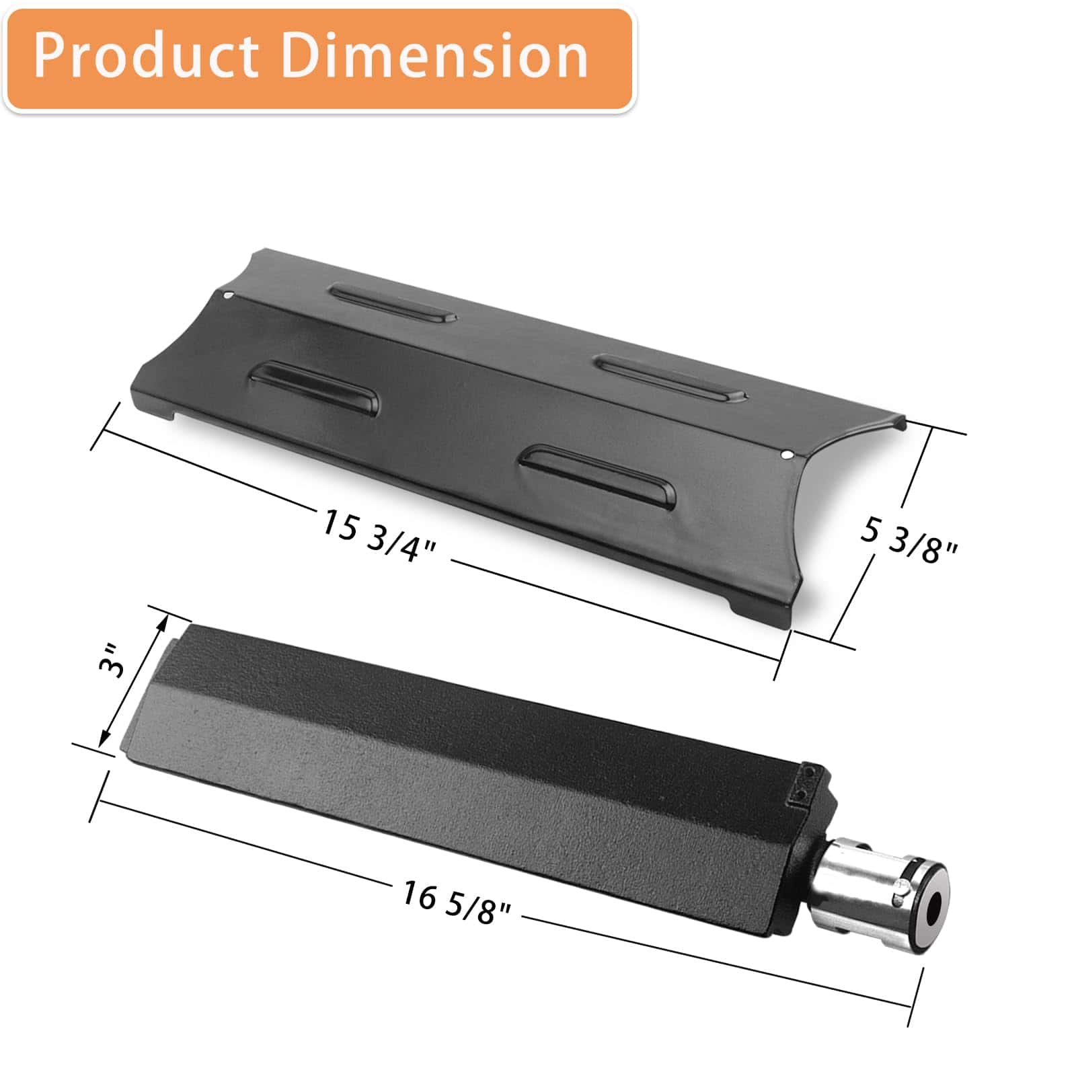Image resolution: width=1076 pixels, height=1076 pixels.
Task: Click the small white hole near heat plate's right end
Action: [787, 455]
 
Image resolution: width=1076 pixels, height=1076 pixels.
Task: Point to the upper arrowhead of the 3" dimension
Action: [161, 623]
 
